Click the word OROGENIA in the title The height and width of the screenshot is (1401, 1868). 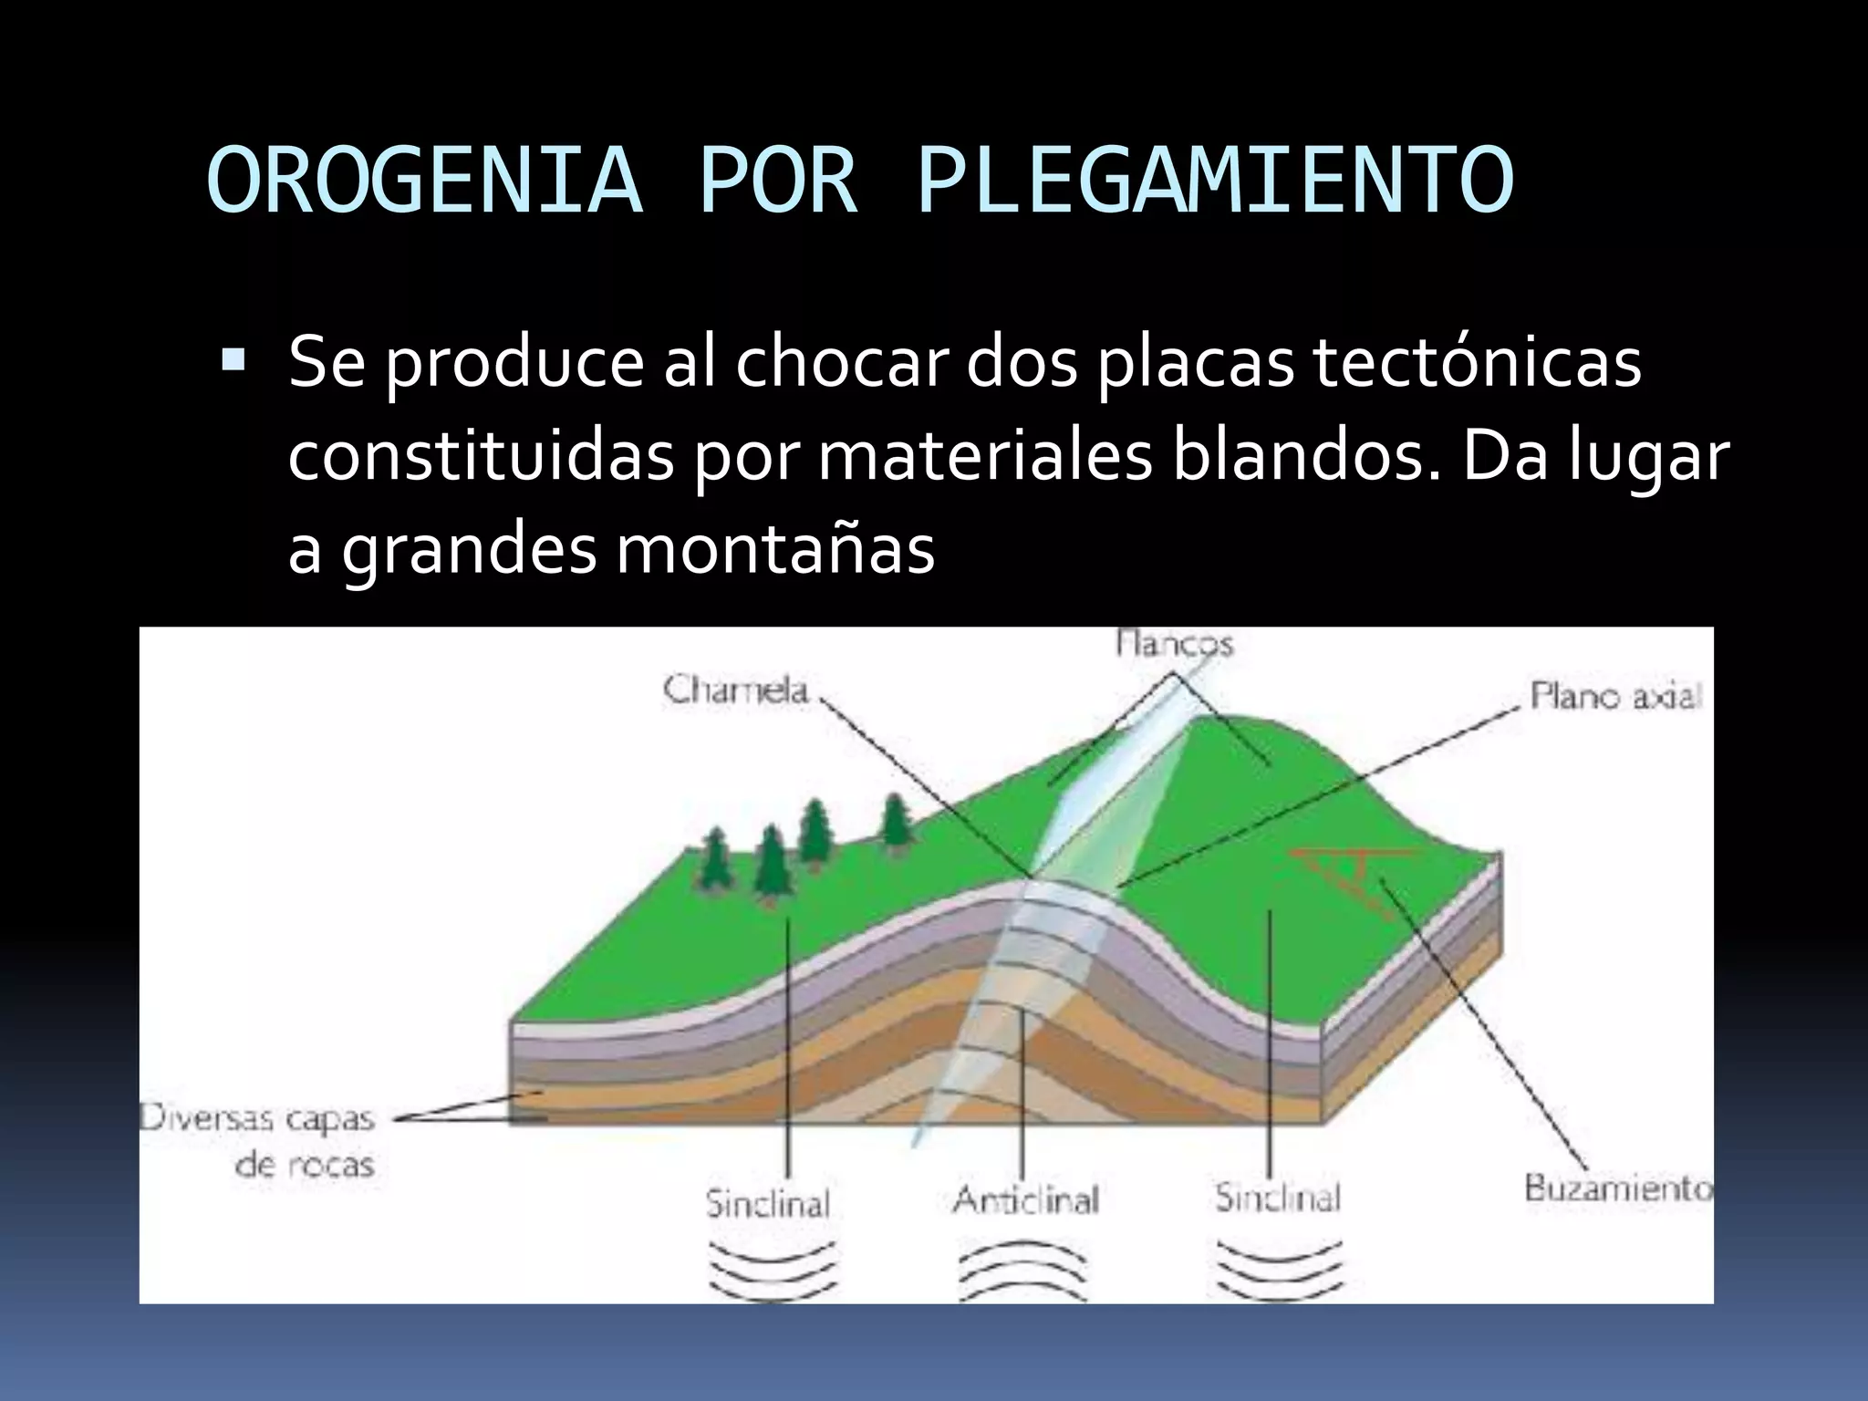[425, 182]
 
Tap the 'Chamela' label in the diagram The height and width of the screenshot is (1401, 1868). [736, 690]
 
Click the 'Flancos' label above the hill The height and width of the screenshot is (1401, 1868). [1175, 644]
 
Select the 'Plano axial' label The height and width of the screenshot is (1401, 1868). [1615, 698]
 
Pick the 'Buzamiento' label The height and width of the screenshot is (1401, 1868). [1617, 1189]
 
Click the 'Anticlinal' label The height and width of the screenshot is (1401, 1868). [1025, 1200]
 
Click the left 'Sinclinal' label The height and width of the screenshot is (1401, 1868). [768, 1204]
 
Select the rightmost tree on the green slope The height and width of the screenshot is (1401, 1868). [896, 820]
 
